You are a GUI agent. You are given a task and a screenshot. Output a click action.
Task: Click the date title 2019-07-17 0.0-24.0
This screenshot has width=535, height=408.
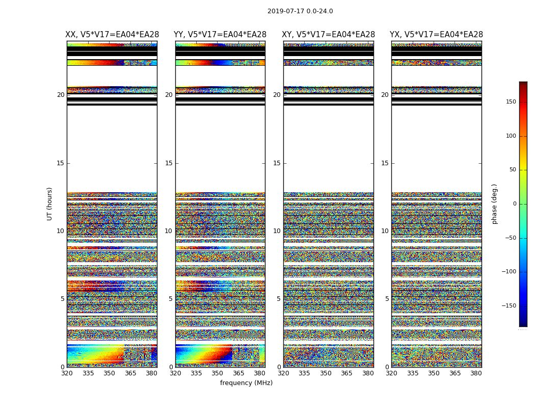pos(300,11)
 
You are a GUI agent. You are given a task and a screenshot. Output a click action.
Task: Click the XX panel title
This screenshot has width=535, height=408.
pos(112,35)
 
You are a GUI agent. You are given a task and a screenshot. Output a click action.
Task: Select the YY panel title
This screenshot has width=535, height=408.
pos(220,35)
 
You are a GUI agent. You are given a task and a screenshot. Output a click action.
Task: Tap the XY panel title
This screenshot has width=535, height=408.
pos(329,35)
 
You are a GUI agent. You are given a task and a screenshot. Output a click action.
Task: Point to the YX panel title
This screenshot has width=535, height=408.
pos(437,35)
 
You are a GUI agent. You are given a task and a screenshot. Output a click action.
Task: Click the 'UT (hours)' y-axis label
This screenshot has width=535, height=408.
pos(50,203)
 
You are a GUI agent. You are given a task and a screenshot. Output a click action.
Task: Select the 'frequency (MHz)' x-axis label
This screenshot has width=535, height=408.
pos(246,383)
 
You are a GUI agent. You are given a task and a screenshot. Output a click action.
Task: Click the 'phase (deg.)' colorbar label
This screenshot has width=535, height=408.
pos(495,203)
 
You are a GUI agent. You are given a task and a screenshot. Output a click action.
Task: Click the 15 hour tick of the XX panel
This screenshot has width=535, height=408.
pos(61,163)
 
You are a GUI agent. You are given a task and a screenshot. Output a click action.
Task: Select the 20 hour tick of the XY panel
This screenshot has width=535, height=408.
pos(277,95)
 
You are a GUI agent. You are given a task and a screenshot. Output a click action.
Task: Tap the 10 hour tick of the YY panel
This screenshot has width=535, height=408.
pos(169,231)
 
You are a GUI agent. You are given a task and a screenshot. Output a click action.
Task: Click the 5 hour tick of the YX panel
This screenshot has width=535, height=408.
pos(387,299)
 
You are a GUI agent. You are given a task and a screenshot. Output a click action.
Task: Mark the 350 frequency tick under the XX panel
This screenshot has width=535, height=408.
pos(109,373)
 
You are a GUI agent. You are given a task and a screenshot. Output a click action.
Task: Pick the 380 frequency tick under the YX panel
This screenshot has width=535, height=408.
pos(476,373)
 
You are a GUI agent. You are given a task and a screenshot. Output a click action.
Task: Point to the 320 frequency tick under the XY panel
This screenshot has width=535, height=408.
pos(283,373)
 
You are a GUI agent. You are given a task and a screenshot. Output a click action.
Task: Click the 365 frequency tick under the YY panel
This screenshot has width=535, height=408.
pos(238,373)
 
